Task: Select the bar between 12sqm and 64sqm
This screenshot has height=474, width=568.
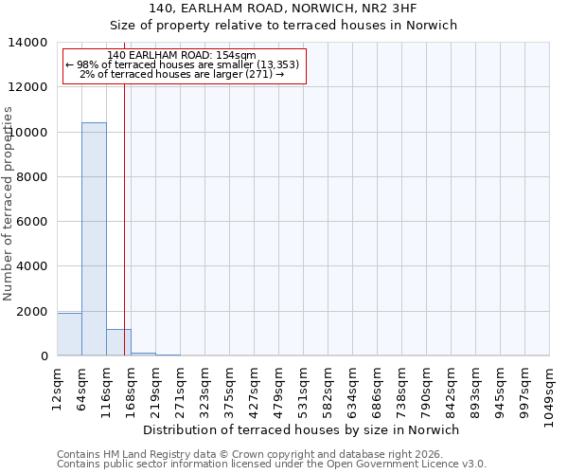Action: point(69,335)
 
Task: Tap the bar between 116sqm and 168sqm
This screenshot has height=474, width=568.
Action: point(118,342)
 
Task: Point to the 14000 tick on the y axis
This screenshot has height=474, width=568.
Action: point(34,43)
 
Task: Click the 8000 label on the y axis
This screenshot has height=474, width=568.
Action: point(34,177)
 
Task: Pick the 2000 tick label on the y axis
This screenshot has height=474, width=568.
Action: point(34,312)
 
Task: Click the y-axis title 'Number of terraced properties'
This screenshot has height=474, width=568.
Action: point(9,203)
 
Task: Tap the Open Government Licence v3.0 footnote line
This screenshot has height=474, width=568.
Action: point(272,465)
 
